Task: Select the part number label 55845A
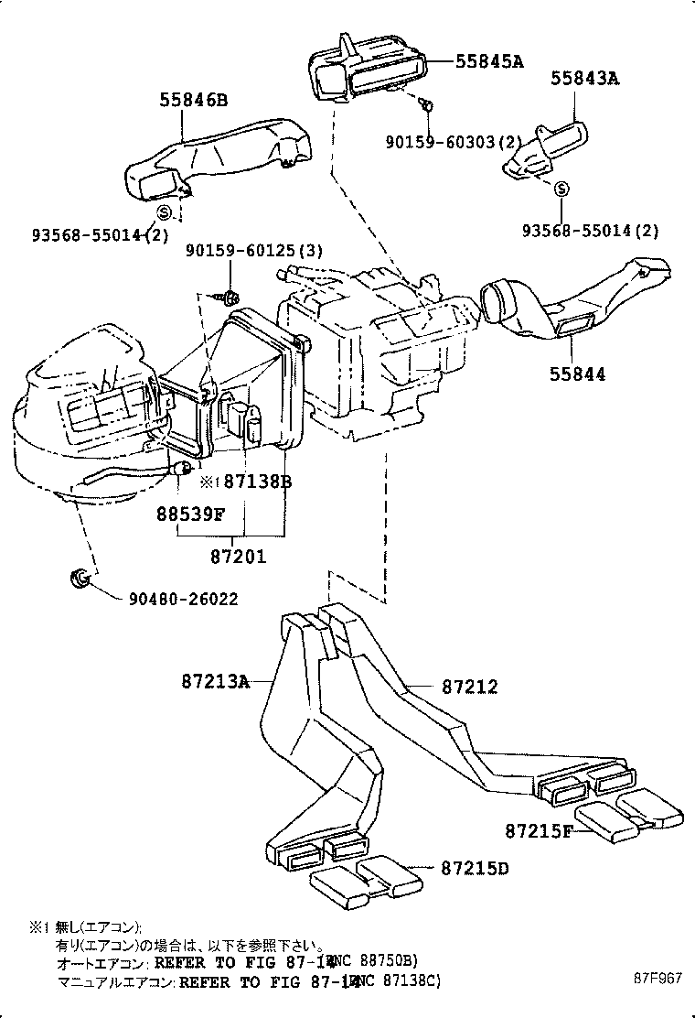click(x=489, y=61)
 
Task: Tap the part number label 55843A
click(x=584, y=80)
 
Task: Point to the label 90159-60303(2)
click(x=452, y=142)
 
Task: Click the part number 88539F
click(x=189, y=514)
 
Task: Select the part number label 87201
click(x=238, y=555)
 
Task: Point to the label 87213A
click(x=214, y=681)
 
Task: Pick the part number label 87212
click(x=470, y=687)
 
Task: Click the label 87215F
click(x=539, y=831)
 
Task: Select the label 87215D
click(x=475, y=867)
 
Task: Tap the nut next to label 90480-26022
click(x=79, y=579)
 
